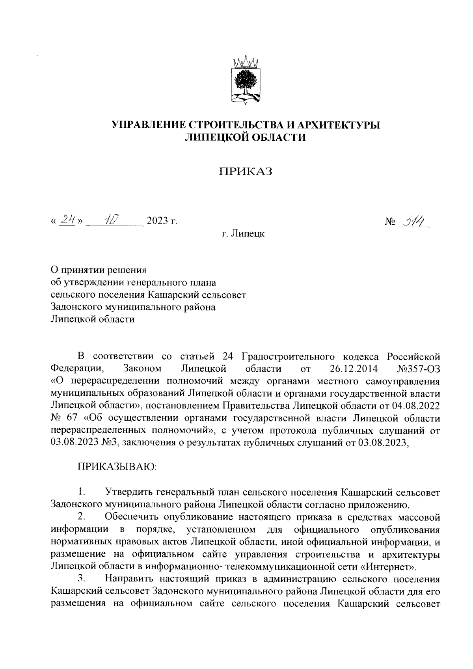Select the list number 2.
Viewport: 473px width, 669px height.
81,516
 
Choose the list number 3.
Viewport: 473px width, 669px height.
82,578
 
